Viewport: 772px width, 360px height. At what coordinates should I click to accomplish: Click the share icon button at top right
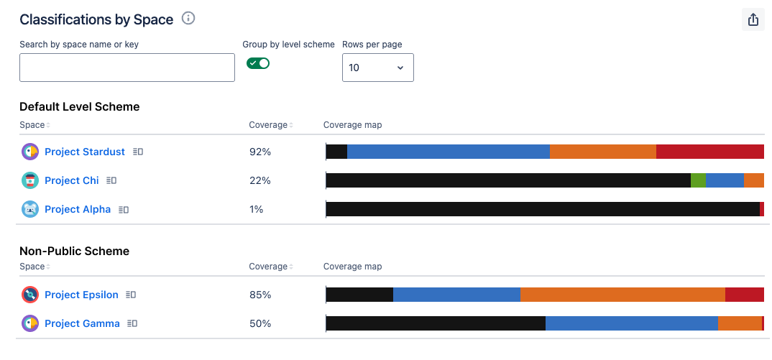[753, 20]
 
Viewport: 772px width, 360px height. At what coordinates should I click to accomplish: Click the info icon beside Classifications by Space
[188, 19]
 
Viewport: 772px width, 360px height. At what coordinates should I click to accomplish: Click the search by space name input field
[127, 68]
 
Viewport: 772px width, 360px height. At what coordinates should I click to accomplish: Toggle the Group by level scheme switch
[258, 63]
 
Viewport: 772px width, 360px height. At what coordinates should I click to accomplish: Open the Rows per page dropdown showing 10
[377, 68]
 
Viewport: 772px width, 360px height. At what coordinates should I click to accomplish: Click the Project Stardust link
[85, 152]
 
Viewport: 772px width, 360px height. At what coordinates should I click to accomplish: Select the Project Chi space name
[72, 180]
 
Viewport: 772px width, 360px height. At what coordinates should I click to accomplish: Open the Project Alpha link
[78, 209]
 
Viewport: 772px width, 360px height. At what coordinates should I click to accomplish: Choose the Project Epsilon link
[81, 295]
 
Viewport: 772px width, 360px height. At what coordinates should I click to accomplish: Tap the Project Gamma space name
[82, 323]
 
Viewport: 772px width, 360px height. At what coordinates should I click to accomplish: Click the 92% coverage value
[259, 152]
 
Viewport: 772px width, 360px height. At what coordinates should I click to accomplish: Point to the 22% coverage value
[259, 180]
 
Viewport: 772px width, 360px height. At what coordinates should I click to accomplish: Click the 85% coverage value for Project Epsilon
[259, 295]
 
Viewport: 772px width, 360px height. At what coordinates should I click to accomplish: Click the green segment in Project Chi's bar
[698, 180]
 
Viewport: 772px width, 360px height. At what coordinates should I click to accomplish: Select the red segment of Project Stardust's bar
[709, 152]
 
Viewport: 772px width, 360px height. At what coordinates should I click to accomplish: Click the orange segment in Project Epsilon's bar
[622, 295]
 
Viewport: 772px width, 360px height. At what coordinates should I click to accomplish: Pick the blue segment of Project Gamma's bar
[632, 323]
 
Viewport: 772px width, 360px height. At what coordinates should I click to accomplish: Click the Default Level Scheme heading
[80, 106]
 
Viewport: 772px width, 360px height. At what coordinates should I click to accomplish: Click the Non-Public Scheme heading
[75, 251]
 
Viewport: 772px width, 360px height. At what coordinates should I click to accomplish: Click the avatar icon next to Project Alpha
[30, 209]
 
